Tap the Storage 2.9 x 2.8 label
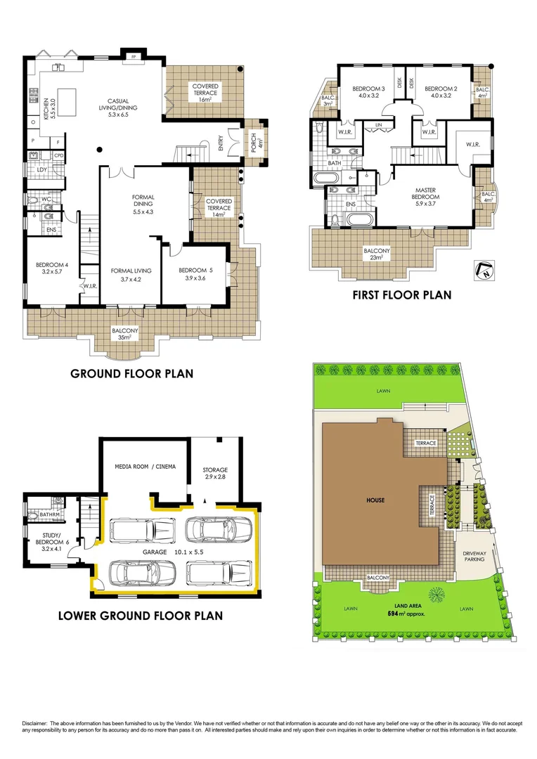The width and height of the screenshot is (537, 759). pyautogui.click(x=216, y=474)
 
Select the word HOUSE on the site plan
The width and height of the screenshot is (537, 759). pyautogui.click(x=375, y=500)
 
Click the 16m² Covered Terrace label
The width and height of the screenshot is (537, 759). pyautogui.click(x=205, y=93)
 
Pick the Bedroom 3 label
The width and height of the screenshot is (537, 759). pyautogui.click(x=365, y=93)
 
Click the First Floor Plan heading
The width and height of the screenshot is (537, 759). pyautogui.click(x=401, y=295)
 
